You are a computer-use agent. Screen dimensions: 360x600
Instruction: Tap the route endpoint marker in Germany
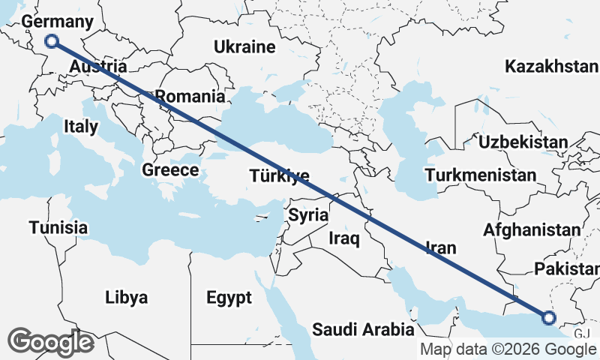52,41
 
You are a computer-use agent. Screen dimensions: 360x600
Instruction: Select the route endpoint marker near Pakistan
548,318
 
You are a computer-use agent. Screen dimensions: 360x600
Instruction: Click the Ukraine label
244,47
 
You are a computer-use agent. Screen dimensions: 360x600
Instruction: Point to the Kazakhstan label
552,67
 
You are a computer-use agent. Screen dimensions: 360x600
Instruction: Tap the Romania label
190,96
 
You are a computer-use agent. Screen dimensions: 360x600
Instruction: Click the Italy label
80,126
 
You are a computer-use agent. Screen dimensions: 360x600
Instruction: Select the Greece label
170,170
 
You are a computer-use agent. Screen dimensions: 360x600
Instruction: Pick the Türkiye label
279,176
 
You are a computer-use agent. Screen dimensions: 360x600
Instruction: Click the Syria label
308,215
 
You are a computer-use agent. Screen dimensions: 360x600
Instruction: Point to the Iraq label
345,239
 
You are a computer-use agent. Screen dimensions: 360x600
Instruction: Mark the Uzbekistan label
523,142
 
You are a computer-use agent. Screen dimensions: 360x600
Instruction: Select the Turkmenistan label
480,175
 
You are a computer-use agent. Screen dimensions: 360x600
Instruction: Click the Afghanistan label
532,229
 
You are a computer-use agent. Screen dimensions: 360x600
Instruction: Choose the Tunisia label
58,226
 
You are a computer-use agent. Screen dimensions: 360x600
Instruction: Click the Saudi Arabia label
363,328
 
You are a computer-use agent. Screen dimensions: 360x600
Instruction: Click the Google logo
51,342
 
